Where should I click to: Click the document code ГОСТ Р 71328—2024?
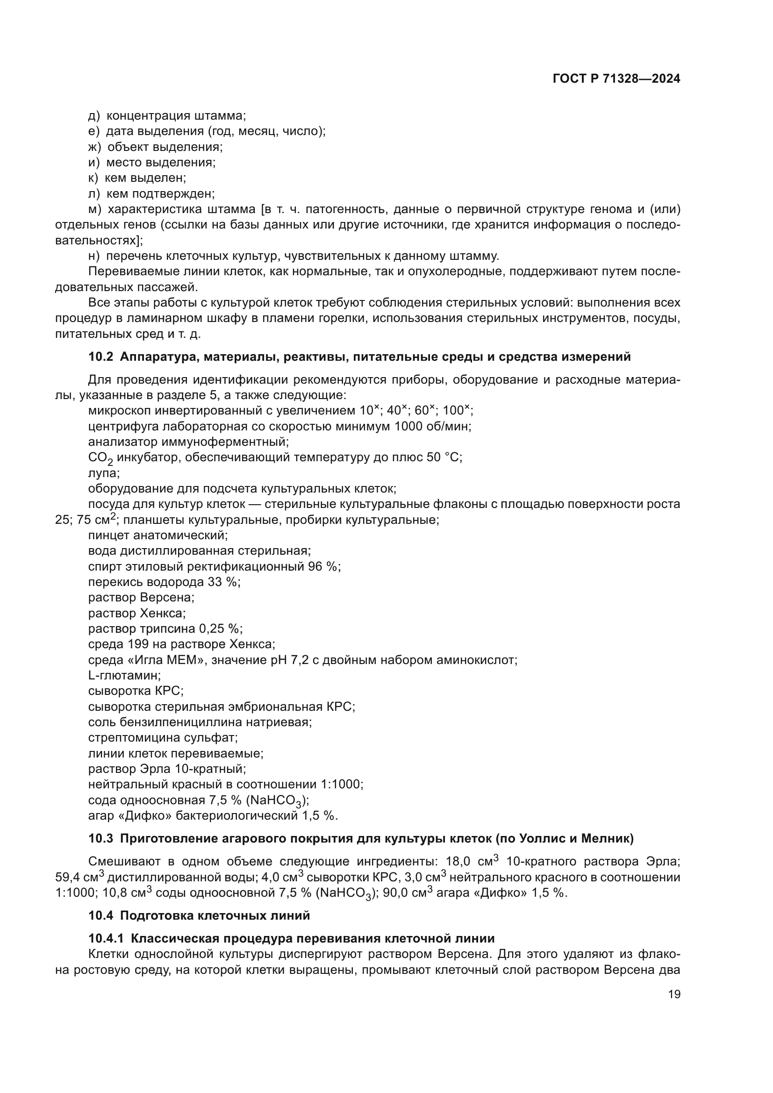click(616, 79)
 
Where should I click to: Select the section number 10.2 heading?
click(101, 357)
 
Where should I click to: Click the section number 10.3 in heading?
click(101, 838)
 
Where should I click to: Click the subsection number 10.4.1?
click(106, 938)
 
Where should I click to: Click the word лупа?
click(103, 473)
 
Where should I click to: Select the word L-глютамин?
click(124, 675)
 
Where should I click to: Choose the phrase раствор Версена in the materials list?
click(141, 597)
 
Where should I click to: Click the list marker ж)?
click(95, 147)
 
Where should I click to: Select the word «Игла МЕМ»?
click(170, 660)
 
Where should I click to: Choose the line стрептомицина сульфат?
click(163, 737)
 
